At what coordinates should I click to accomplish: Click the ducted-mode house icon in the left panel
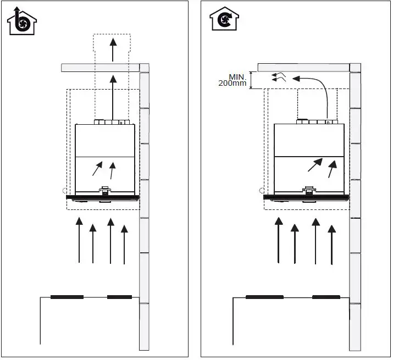pos(21,21)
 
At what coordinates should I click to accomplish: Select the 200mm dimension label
pos(233,83)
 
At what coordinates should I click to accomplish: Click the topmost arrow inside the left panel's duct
pos(112,49)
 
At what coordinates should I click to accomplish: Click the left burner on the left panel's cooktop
pos(67,297)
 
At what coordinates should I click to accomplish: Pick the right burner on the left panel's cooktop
pos(119,297)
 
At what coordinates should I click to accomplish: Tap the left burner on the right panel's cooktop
pos(264,297)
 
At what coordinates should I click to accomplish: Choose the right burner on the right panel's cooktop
pos(325,297)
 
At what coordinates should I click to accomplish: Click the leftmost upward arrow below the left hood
pos(79,239)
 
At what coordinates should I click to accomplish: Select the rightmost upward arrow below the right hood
pos(331,242)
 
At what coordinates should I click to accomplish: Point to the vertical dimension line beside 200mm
pos(251,80)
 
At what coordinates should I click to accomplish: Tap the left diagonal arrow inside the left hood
pos(97,168)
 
